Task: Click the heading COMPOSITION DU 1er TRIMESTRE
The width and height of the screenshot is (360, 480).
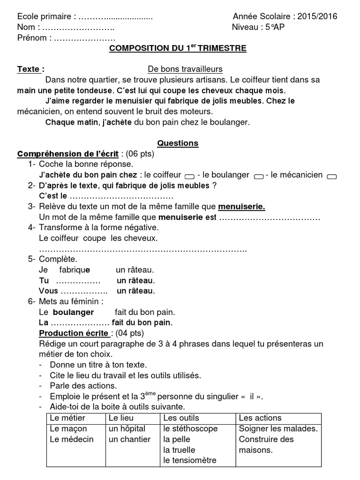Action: pos(178,48)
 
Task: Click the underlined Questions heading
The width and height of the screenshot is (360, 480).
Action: pos(178,143)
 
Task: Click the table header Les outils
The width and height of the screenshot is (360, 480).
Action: pos(181,418)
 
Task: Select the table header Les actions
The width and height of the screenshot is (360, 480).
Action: pos(260,418)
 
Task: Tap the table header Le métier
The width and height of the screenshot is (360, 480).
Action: pos(67,418)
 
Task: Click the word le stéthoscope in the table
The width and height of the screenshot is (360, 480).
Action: pos(190,428)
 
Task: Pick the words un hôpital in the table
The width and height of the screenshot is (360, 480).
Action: pos(127,428)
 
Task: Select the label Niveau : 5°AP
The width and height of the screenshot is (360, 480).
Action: pos(258,27)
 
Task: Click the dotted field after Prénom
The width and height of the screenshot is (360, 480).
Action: pos(85,38)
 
